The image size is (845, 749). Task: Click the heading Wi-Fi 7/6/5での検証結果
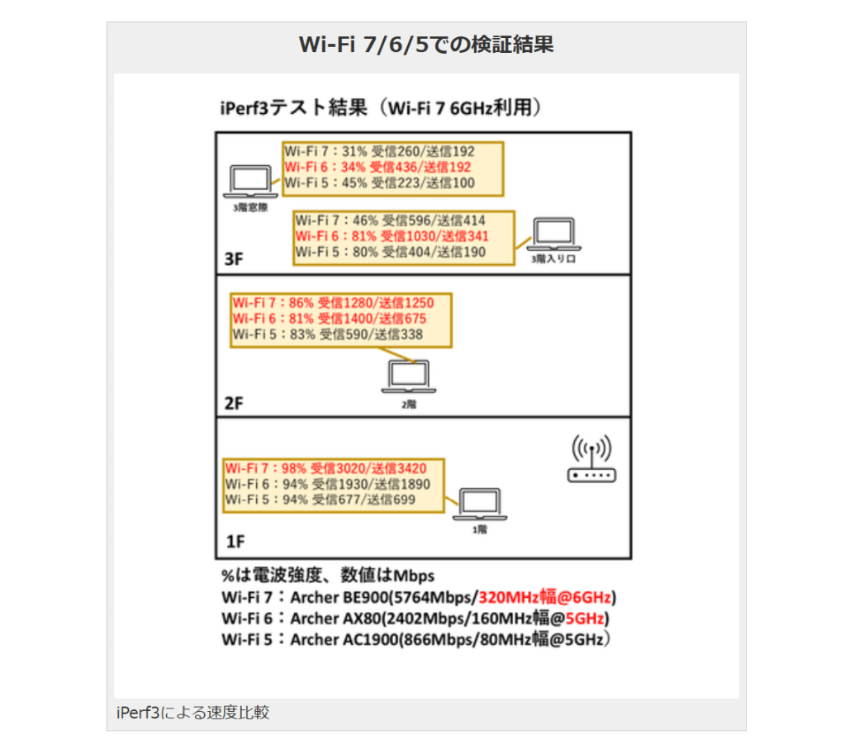click(x=425, y=45)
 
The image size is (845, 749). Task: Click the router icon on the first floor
click(x=591, y=462)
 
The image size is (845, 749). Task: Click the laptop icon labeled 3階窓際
click(x=250, y=180)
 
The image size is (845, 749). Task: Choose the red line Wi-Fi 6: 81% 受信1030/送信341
click(x=392, y=236)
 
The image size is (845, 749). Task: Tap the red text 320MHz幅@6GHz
click(x=546, y=597)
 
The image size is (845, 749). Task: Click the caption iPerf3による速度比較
click(x=193, y=713)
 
